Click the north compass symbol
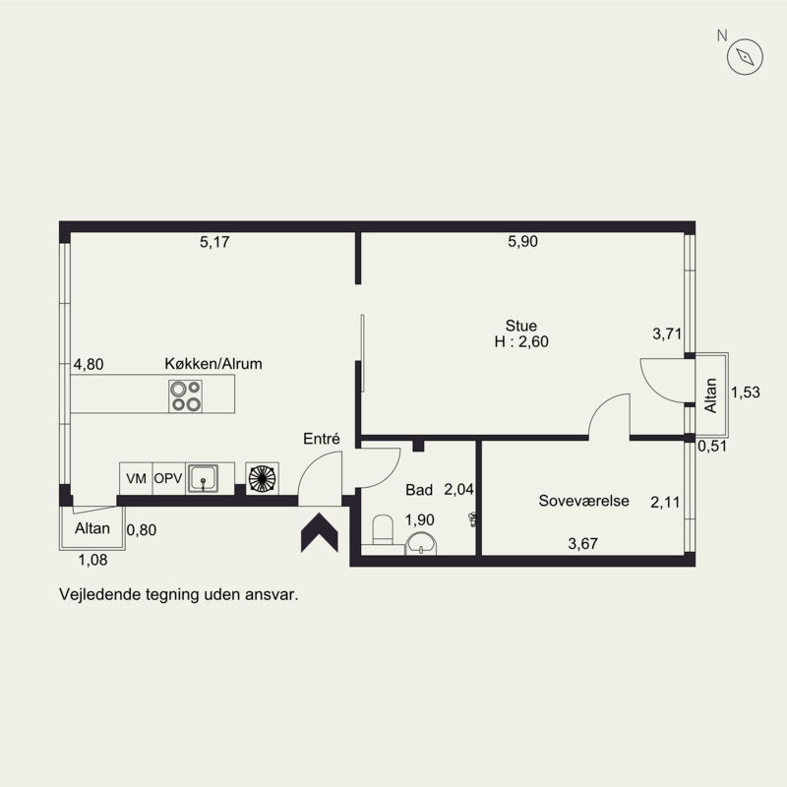click(x=745, y=57)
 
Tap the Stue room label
click(x=521, y=326)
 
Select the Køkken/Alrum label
click(x=213, y=363)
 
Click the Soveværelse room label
click(x=583, y=501)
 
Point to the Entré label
click(x=322, y=439)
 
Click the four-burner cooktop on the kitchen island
click(x=185, y=396)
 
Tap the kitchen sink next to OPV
click(x=203, y=478)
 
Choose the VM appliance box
click(x=136, y=478)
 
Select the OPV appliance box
click(x=168, y=478)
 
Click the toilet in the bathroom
click(x=383, y=529)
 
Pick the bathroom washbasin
click(x=421, y=544)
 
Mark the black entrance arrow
click(x=320, y=533)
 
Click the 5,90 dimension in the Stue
click(x=522, y=241)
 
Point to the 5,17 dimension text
click(x=214, y=242)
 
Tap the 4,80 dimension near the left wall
click(x=89, y=364)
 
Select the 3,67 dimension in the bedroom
click(x=582, y=544)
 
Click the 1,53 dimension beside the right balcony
click(x=746, y=392)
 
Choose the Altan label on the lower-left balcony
click(x=92, y=528)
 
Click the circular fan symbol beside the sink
click(x=262, y=478)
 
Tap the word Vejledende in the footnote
click(x=100, y=594)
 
